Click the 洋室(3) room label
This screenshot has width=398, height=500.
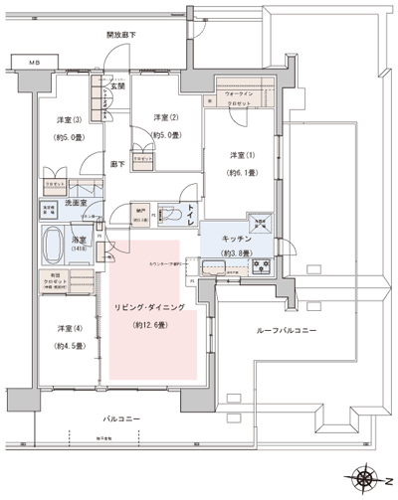pos(66,121)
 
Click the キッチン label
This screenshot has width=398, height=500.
pos(242,240)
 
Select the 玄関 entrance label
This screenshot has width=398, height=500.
pos(118,86)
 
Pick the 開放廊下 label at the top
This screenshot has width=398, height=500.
pos(121,35)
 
